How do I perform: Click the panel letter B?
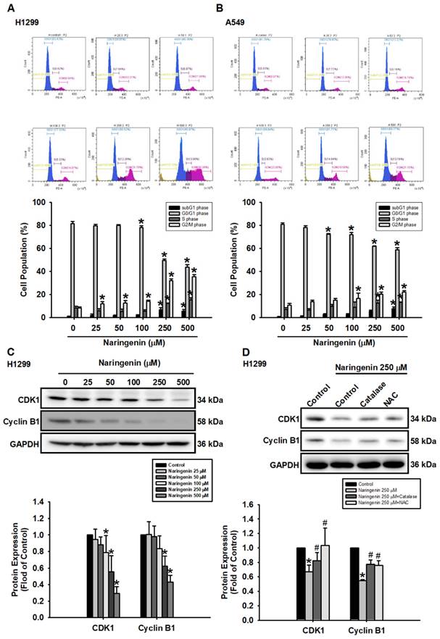coord(227,7)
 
